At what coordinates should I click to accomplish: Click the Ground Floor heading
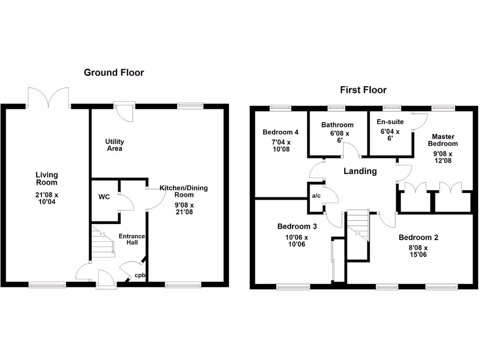(114, 73)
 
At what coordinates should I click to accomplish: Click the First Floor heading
(363, 90)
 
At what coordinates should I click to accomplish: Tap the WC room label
(104, 197)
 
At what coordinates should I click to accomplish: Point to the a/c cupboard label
(316, 195)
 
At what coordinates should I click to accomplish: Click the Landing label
(360, 171)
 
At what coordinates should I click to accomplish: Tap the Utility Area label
(114, 145)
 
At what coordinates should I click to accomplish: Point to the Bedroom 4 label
(280, 132)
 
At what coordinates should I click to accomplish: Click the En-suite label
(390, 122)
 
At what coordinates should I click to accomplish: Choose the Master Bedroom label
(442, 140)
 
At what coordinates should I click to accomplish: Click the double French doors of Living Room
(48, 97)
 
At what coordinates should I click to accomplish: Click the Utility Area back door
(125, 111)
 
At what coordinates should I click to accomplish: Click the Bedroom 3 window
(293, 287)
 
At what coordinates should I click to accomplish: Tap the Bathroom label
(337, 125)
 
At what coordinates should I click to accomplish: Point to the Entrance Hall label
(131, 239)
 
